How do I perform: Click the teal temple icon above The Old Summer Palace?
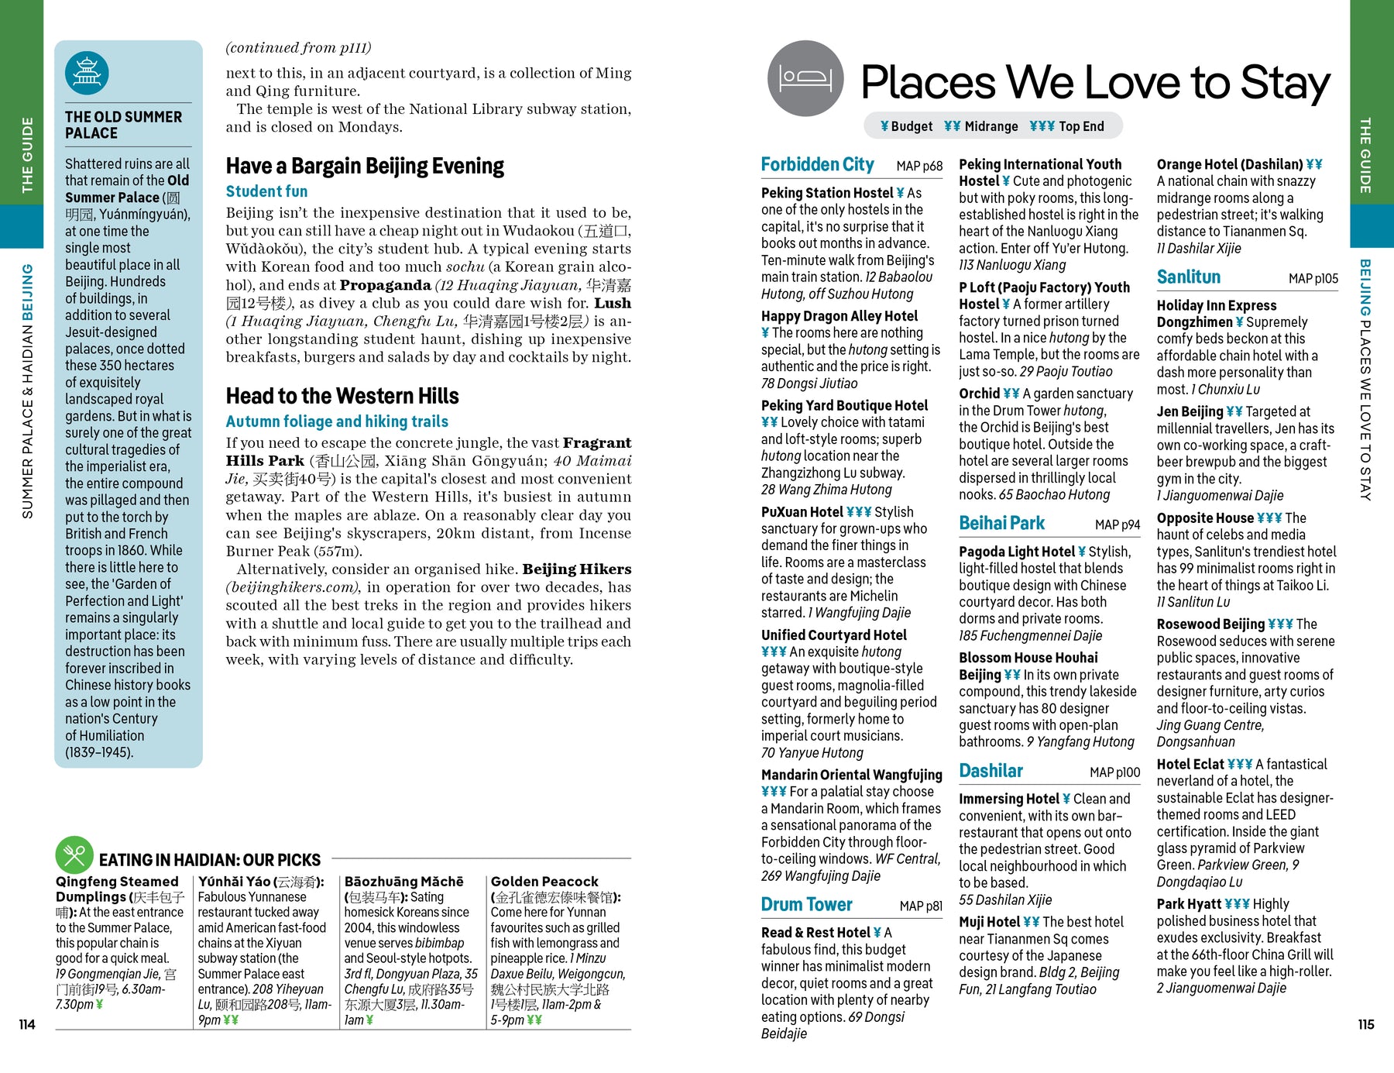(87, 74)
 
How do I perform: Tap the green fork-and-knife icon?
(74, 855)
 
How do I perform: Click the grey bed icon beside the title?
(805, 78)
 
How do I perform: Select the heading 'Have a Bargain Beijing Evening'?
(365, 166)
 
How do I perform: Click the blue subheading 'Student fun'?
(266, 191)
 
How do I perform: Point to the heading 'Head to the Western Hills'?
(342, 396)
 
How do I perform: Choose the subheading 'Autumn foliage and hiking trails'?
(337, 421)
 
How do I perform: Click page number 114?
(27, 1024)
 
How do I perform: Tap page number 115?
(1366, 1024)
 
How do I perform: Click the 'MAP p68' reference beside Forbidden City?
(919, 166)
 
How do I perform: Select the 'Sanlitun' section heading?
(1188, 277)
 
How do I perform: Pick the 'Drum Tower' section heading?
(806, 904)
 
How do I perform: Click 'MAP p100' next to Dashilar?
(1114, 772)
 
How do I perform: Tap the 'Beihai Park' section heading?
(1001, 523)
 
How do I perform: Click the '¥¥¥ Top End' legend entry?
(1066, 126)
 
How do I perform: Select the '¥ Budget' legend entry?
(906, 126)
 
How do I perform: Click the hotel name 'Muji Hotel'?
(989, 922)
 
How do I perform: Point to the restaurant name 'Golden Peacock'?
(544, 882)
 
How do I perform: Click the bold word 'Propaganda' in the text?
(385, 285)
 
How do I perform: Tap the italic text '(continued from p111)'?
(298, 48)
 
